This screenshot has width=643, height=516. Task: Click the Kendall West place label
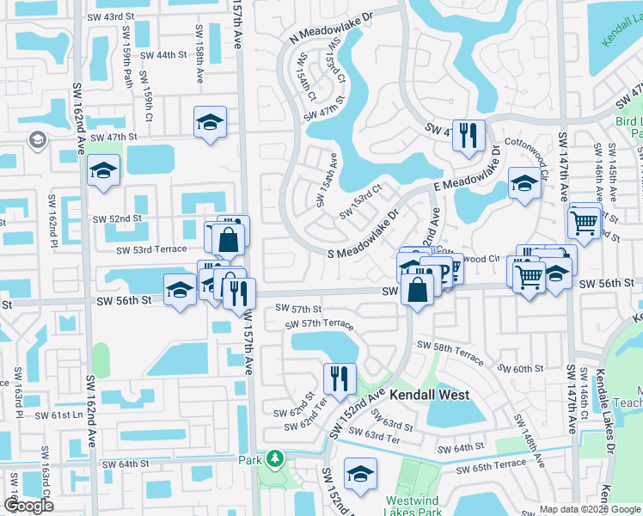430,395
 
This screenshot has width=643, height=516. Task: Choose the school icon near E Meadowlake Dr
524,181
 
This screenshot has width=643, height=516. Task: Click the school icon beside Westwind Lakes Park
360,473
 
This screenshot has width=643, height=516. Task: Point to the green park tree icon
274,459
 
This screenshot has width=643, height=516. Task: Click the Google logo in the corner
28,506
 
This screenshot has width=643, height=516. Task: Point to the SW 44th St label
162,55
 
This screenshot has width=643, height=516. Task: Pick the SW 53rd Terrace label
151,249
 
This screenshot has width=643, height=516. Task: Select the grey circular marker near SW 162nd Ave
37,139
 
